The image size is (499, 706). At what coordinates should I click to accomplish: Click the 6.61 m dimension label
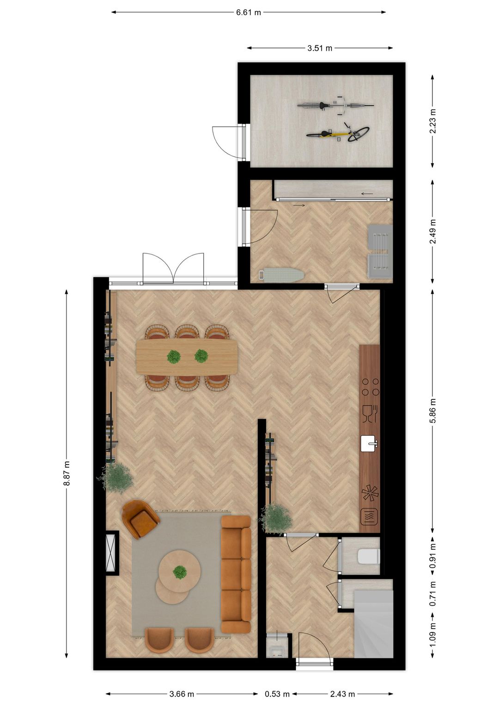(249, 12)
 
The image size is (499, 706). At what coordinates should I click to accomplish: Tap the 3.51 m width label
(320, 48)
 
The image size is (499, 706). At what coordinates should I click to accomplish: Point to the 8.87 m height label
(67, 473)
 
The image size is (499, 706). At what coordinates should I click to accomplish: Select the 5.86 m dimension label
(432, 410)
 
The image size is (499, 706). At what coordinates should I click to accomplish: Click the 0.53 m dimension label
(277, 694)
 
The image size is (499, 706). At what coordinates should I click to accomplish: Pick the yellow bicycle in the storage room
(338, 134)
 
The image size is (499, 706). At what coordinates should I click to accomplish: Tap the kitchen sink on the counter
(369, 443)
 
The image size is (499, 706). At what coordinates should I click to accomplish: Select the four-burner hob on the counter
(370, 387)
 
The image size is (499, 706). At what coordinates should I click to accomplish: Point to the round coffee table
(179, 571)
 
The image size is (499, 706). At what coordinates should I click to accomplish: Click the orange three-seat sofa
(236, 574)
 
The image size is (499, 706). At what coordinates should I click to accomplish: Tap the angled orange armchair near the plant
(140, 519)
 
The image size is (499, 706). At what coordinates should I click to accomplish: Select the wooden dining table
(187, 357)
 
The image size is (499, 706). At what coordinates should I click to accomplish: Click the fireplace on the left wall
(111, 552)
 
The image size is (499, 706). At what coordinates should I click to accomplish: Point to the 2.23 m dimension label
(432, 121)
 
